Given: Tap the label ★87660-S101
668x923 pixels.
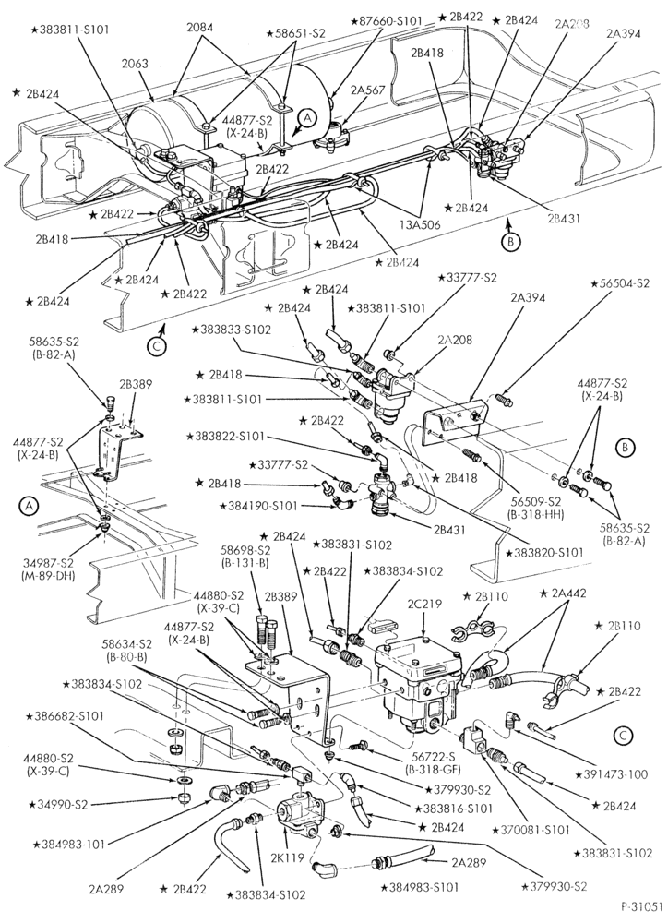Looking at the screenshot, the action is coord(387,21).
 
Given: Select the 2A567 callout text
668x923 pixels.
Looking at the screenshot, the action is coord(367,90).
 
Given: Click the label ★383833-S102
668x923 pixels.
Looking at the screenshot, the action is coord(231,330).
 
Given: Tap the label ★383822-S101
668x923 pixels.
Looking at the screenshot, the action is coord(225,437).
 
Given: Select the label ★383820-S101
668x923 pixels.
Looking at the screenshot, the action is coord(544,553).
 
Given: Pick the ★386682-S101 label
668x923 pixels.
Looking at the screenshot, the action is coord(65,716).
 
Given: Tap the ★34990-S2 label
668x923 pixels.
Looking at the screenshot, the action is coord(57,804).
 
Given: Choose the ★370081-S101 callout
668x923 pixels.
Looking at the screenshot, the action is coord(532,831).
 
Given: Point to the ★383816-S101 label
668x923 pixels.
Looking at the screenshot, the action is coord(454,809).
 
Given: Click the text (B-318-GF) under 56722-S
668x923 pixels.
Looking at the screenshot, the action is coord(432,769).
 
